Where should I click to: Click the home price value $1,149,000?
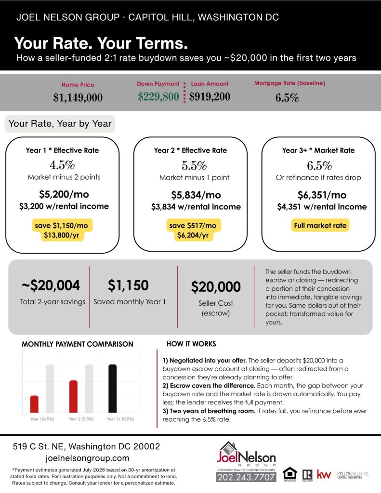[x=78, y=98]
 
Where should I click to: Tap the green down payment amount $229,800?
[x=158, y=96]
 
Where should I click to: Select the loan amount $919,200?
[x=210, y=96]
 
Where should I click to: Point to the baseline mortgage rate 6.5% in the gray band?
[x=287, y=98]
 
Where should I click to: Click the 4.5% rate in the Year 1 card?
[x=62, y=165]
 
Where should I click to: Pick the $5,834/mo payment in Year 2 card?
[x=196, y=195]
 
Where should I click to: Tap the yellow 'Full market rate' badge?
[x=320, y=225]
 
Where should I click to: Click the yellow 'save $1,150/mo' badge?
[x=62, y=225]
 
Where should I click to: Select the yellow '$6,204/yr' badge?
[x=193, y=235]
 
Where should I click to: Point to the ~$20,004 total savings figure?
[x=51, y=285]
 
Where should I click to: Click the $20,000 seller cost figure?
[x=216, y=287]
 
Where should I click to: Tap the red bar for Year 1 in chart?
[x=34, y=404]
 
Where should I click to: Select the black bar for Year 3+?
[x=112, y=389]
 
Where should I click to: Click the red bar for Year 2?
[x=73, y=397]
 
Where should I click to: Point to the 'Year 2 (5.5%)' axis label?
[x=81, y=419]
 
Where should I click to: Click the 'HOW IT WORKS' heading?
[x=191, y=344]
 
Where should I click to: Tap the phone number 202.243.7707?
[x=246, y=477]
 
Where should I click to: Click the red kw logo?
[x=324, y=474]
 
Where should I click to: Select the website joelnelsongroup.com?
[x=87, y=458]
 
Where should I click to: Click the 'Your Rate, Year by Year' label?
[x=60, y=124]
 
